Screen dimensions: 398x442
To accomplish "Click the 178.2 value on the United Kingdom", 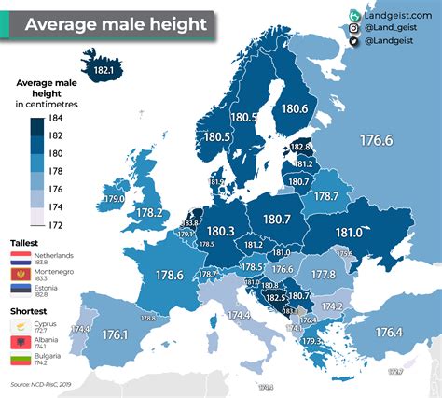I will [151, 213].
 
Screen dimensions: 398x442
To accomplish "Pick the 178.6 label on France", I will [169, 275].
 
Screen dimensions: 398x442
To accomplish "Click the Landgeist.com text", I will [394, 16].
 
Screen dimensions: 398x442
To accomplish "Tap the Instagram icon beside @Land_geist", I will [355, 29].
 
